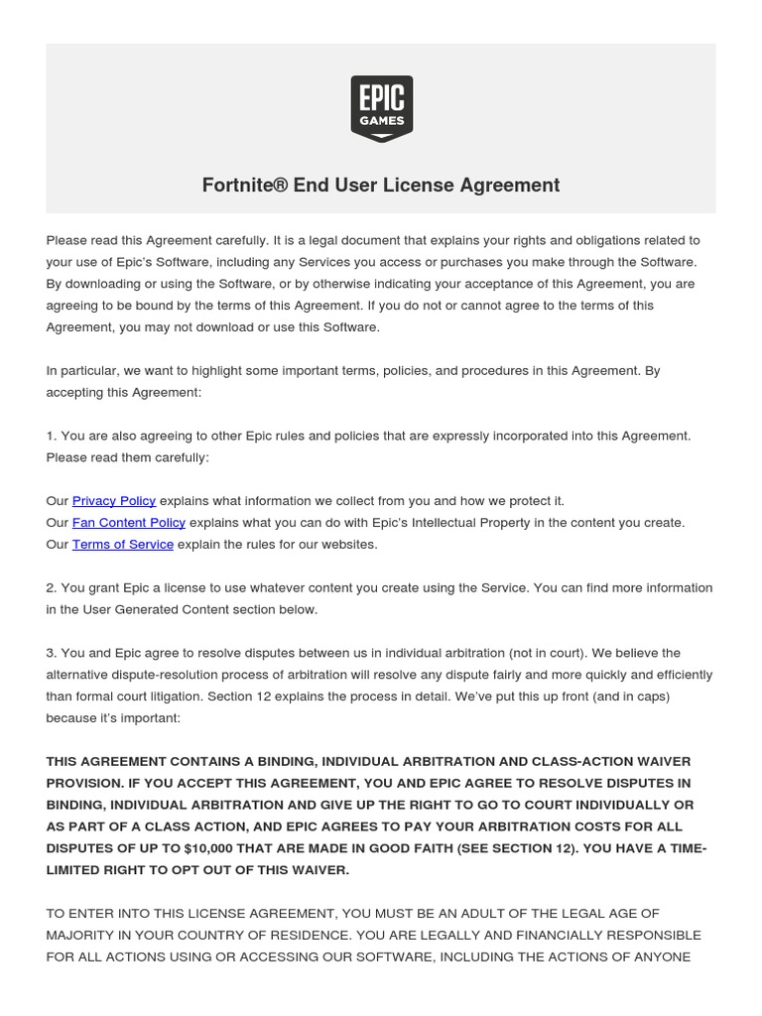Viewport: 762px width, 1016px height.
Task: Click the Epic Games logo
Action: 381,107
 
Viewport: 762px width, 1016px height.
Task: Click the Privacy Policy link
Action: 114,501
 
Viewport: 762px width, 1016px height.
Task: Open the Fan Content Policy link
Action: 129,523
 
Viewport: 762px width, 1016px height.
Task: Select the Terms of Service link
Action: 123,545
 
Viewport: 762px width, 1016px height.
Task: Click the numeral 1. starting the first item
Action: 52,436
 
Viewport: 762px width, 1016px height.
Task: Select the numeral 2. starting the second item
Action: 52,588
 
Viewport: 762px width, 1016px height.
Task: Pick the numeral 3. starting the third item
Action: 52,654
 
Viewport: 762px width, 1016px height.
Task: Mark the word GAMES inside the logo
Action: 381,121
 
